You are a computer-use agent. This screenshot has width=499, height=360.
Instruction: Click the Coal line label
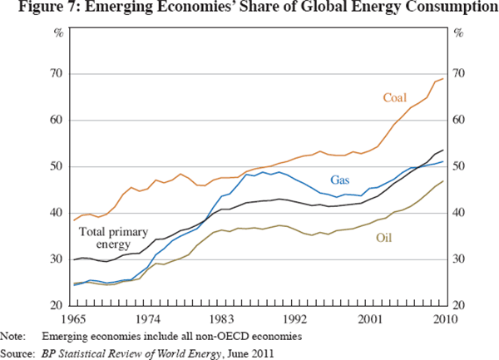coord(394,98)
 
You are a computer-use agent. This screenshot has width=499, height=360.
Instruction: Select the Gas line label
coord(341,180)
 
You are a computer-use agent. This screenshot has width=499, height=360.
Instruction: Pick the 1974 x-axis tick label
coord(148,318)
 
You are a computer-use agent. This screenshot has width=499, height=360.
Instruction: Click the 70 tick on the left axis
coord(59,74)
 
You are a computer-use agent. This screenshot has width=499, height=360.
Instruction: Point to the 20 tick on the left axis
coord(59,306)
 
